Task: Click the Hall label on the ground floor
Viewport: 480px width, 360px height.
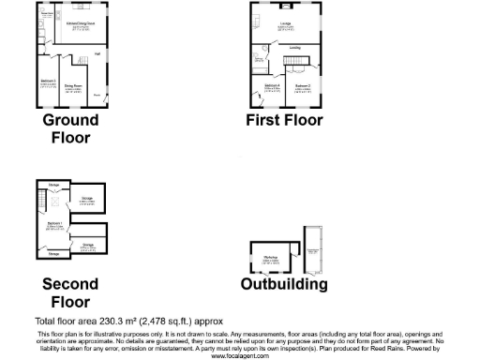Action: (x=97, y=53)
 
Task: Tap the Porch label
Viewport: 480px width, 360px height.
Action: (x=97, y=95)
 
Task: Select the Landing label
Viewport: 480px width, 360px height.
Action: (x=294, y=48)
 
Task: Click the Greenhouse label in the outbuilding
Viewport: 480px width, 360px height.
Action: (x=313, y=250)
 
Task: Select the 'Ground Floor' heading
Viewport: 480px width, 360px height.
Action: (x=71, y=128)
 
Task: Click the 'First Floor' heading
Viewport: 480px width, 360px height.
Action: (x=284, y=120)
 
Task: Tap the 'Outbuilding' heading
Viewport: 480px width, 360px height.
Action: (x=283, y=284)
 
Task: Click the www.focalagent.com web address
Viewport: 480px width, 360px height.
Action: (x=240, y=355)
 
